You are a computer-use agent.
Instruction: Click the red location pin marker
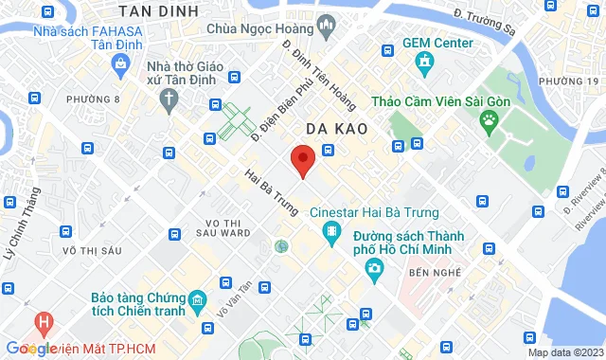pyautogui.click(x=302, y=160)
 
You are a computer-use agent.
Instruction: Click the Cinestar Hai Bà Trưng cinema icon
pyautogui.click(x=332, y=232)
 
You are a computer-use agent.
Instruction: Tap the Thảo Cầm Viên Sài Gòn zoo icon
pyautogui.click(x=490, y=119)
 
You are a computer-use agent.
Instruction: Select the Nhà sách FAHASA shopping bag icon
pyautogui.click(x=120, y=63)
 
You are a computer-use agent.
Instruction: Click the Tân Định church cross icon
pyautogui.click(x=169, y=98)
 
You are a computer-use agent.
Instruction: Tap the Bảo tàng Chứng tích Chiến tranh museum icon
pyautogui.click(x=197, y=302)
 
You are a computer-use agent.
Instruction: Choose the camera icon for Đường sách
pyautogui.click(x=374, y=270)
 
